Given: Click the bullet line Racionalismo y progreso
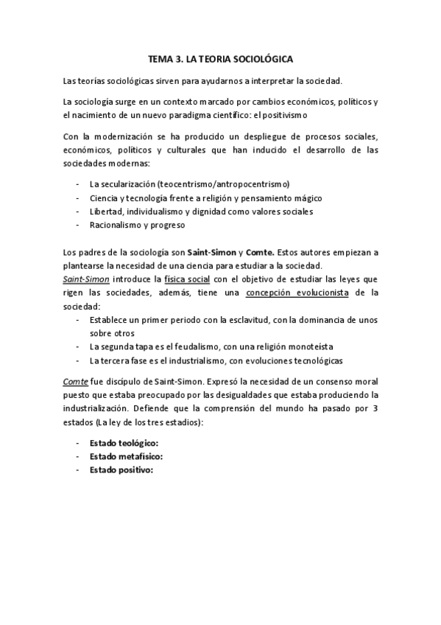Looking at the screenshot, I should tap(136, 226).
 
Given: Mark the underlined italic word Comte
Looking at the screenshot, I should tap(74, 383).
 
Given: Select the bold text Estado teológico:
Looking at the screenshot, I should tap(124, 444).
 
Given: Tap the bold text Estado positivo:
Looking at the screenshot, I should tap(121, 470).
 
